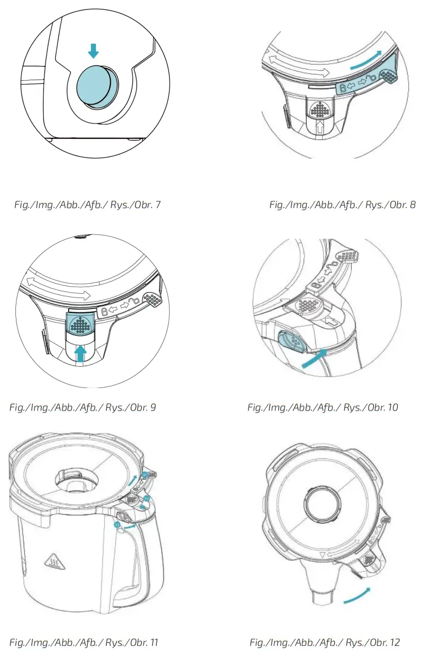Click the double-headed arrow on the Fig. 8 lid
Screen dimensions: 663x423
coord(296,67)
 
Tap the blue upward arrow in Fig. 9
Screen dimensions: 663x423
coord(81,355)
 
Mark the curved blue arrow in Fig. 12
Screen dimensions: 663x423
coord(357,597)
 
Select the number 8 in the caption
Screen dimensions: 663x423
coord(413,205)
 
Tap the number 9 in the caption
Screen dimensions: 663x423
coord(153,407)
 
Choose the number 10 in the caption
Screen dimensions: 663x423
coord(392,407)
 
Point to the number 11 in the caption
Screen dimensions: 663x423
coord(153,642)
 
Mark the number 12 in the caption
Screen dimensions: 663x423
coord(394,642)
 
